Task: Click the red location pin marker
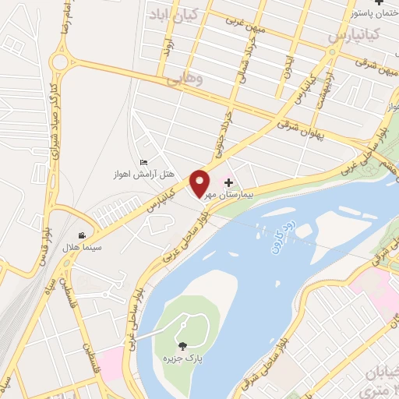[x=200, y=182]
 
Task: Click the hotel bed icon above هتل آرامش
[x=143, y=161]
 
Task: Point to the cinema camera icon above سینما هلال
[x=82, y=235]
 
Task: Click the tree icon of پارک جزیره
[x=182, y=346]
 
